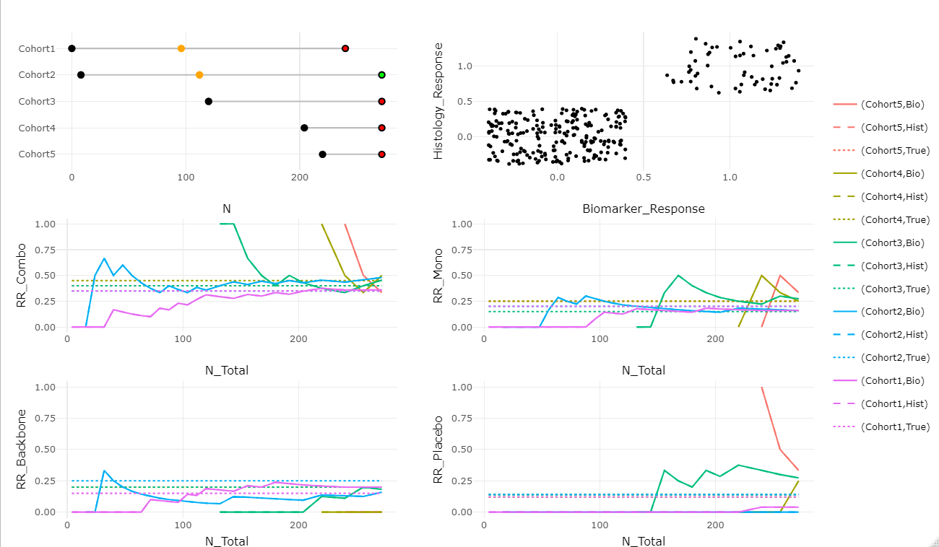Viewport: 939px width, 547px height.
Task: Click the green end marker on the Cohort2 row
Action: click(x=381, y=75)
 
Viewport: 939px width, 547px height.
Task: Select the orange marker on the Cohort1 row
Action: click(x=181, y=48)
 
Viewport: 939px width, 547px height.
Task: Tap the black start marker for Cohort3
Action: click(x=209, y=102)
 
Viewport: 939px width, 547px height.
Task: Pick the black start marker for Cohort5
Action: click(x=322, y=154)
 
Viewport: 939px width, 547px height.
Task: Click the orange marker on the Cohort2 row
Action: click(x=199, y=75)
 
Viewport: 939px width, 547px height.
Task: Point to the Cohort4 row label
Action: click(x=37, y=128)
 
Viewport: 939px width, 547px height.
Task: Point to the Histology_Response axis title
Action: click(x=438, y=100)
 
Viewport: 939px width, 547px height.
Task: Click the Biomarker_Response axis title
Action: click(x=643, y=209)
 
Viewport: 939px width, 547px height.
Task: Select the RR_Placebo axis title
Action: click(x=438, y=449)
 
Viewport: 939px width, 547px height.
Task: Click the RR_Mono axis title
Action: click(x=438, y=275)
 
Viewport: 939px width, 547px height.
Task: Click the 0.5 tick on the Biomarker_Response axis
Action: click(x=644, y=176)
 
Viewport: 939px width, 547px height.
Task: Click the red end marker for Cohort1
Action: click(x=345, y=48)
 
